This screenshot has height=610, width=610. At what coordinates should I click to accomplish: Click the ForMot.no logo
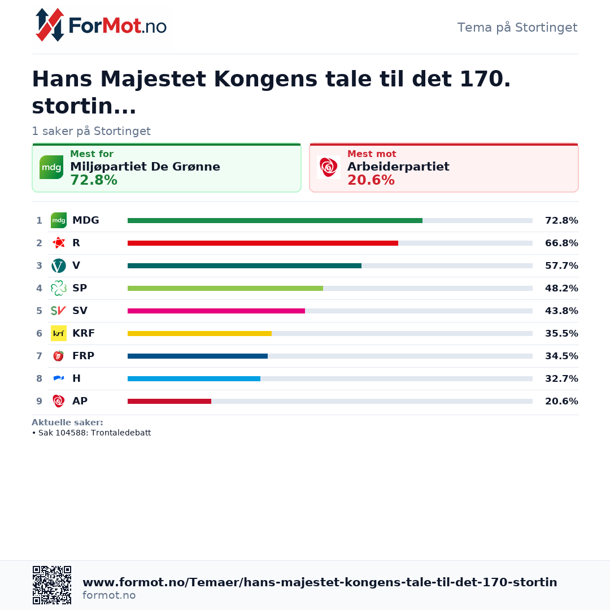pos(101,25)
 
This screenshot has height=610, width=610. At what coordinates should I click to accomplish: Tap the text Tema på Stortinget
pos(517,28)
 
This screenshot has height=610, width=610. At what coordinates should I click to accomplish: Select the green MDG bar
pos(275,221)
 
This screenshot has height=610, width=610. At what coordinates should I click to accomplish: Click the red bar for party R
pos(263,243)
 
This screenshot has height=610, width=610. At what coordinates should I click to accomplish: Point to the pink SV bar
pos(216,311)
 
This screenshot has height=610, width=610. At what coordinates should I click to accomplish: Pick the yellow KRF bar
pos(199,333)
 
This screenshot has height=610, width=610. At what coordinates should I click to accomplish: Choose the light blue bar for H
pos(194,378)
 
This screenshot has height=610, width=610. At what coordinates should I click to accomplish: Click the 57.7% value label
pos(561,265)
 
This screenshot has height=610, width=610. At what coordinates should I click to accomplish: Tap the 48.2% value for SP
pos(561,288)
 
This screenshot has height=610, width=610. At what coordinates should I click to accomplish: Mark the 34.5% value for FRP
pos(561,356)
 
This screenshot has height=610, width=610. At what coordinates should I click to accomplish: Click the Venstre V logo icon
pos(59,265)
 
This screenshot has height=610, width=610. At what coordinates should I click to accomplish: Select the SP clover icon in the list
pos(59,288)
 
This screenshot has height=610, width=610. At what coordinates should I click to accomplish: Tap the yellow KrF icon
pos(59,333)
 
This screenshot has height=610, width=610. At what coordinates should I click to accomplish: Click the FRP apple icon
pos(59,356)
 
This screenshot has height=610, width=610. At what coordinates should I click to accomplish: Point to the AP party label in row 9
pos(80,401)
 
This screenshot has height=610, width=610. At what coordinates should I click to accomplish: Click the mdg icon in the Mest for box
pos(51,167)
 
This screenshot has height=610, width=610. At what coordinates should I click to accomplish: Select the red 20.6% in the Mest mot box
pos(371,180)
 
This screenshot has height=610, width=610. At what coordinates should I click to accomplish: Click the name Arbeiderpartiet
pos(398,167)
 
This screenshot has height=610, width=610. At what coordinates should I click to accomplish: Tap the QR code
pos(52,585)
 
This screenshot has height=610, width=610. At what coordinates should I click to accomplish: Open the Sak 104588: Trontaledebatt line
pos(92,433)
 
